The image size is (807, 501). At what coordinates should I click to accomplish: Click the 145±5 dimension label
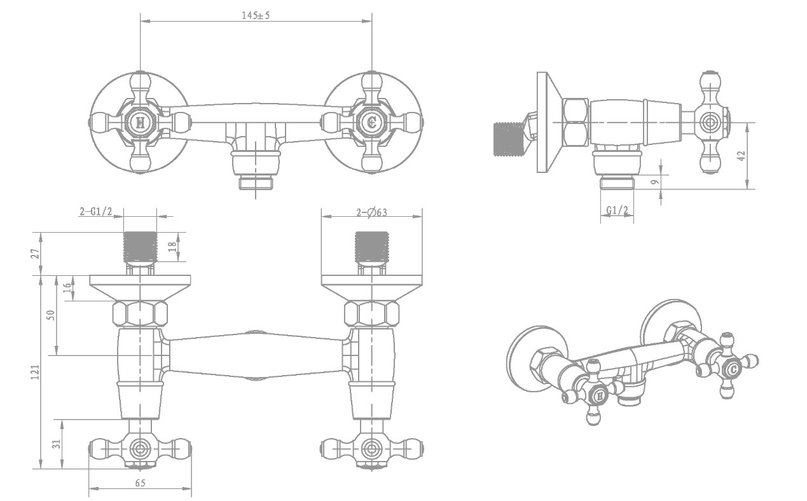point(256,15)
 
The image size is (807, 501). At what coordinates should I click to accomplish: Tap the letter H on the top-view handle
point(140,123)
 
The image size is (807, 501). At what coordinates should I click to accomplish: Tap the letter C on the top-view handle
point(371,123)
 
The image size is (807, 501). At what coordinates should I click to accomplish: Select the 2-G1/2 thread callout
point(96,212)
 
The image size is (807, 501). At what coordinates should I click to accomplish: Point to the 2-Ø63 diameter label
point(372,213)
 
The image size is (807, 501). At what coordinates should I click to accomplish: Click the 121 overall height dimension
point(36,372)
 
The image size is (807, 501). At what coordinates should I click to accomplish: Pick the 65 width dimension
point(141,483)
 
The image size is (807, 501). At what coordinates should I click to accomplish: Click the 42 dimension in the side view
point(741,156)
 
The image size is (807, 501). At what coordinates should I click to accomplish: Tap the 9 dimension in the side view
point(655,182)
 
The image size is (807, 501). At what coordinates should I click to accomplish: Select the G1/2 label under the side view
point(617,210)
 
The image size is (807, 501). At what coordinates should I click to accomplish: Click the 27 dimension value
point(36,254)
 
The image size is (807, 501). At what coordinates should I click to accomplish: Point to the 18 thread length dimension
point(172,246)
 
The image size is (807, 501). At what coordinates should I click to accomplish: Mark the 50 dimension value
point(52,315)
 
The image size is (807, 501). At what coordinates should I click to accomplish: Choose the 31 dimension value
point(57,444)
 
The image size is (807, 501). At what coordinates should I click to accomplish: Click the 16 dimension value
point(67,288)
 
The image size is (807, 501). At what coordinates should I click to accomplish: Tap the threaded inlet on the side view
point(508,139)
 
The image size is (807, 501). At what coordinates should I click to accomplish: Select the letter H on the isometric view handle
point(600,397)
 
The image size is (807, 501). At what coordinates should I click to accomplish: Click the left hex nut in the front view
point(140,314)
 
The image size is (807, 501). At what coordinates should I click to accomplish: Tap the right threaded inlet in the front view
point(372,247)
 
